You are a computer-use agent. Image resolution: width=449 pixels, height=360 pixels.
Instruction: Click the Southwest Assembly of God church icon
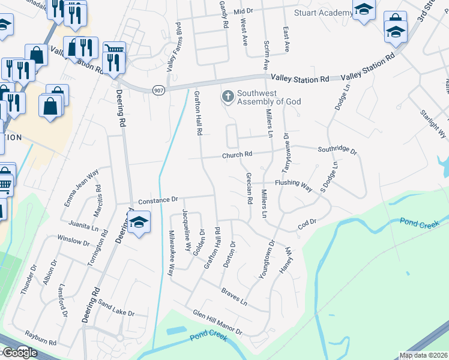(x=228, y=96)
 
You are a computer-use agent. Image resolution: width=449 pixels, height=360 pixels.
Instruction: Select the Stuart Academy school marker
(x=364, y=10)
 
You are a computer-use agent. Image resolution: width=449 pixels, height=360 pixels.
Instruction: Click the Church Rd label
(x=236, y=155)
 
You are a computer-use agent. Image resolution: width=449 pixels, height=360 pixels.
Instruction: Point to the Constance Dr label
(x=158, y=200)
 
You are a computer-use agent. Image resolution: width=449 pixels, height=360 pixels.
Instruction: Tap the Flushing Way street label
(x=294, y=184)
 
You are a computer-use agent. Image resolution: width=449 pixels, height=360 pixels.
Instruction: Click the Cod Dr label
(x=307, y=224)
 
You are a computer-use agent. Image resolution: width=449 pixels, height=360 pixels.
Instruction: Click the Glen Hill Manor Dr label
(x=217, y=322)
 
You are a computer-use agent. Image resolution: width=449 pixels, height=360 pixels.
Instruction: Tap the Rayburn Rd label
(x=40, y=337)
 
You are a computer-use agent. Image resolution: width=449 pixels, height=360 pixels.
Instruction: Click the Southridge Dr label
(x=337, y=149)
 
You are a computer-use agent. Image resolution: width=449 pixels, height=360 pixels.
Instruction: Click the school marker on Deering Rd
(x=139, y=223)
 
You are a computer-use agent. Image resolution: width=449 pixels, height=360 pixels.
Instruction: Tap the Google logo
(x=19, y=353)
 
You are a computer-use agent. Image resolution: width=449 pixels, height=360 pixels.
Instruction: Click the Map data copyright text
(x=423, y=355)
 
